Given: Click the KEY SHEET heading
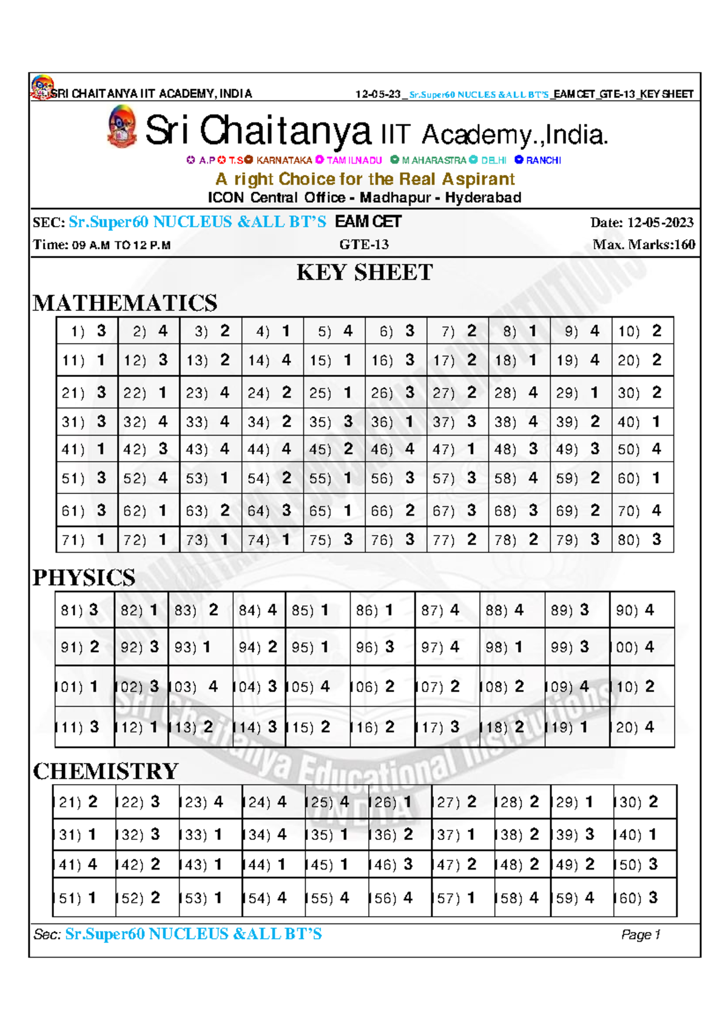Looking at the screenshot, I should pos(364,273).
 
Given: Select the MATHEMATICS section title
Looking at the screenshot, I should pos(125,303).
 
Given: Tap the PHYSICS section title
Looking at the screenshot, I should pos(84,578).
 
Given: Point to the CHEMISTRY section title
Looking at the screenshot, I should pos(106,771).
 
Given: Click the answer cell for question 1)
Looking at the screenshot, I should pos(87,331).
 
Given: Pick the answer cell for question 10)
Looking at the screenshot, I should pos(642,331).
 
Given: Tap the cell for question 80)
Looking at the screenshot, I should pos(642,539).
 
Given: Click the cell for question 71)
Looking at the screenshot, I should pos(87,539).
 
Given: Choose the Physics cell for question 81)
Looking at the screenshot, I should pos(84,610).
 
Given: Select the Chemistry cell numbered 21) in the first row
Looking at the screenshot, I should pos(84,802).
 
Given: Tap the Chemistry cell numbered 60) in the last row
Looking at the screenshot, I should pos(644,898).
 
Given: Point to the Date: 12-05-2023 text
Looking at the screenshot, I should pos(641,223).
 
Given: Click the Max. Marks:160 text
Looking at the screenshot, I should pos(643,245).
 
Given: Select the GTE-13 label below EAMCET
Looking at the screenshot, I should pos(364,245).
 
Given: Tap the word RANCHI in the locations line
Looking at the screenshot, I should pos(543,161).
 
